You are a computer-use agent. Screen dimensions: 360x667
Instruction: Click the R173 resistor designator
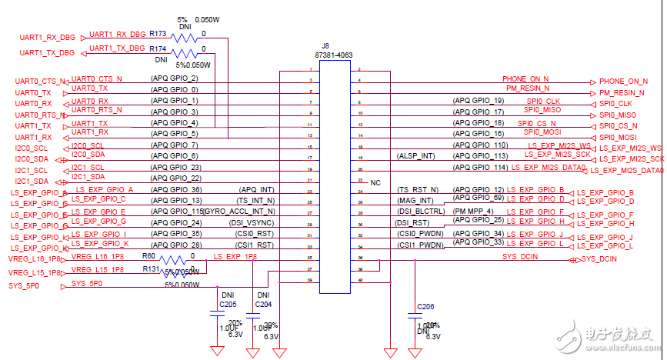tap(158, 34)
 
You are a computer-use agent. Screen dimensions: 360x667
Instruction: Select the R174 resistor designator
tap(158, 48)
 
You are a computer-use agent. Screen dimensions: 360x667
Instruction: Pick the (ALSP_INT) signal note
tap(415, 156)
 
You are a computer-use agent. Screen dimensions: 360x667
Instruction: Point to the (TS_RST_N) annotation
tap(418, 189)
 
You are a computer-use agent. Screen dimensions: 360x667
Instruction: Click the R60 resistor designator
tap(150, 257)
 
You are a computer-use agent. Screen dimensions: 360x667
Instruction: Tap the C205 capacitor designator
tap(228, 304)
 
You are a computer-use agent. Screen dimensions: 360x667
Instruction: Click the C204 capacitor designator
tap(263, 304)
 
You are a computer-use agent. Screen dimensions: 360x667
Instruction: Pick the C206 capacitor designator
tap(426, 306)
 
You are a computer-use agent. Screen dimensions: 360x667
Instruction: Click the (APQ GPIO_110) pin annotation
tap(479, 144)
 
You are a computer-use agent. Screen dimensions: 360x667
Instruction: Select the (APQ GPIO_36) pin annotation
tap(176, 189)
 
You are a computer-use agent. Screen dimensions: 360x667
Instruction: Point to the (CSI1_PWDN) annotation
tap(421, 245)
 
